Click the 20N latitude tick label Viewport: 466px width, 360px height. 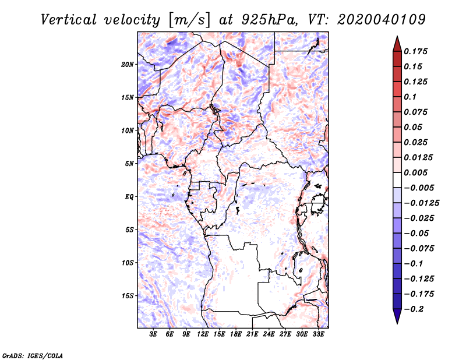point(128,65)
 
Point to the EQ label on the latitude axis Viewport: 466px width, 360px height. point(129,197)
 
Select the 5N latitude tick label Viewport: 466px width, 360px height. point(129,164)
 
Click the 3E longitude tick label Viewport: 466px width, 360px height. point(153,334)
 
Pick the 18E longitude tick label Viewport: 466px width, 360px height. point(236,334)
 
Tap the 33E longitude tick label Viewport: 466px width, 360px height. point(318,334)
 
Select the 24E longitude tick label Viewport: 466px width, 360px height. point(269,334)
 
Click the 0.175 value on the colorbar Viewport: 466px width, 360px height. point(415,51)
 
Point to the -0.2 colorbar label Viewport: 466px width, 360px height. point(414,309)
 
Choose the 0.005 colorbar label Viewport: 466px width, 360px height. point(415,172)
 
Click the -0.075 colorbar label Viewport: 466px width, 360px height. point(419,249)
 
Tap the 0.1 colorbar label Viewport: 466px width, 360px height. point(410,97)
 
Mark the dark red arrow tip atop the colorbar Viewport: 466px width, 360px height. point(397,37)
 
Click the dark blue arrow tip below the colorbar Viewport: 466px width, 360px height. point(397,323)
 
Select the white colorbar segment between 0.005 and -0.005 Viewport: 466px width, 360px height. point(397,180)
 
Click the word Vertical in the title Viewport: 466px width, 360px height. point(69,20)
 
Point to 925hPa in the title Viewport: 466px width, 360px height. point(270,20)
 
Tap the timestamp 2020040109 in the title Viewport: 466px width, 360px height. point(382,20)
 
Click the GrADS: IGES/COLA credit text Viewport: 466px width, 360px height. point(33,355)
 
